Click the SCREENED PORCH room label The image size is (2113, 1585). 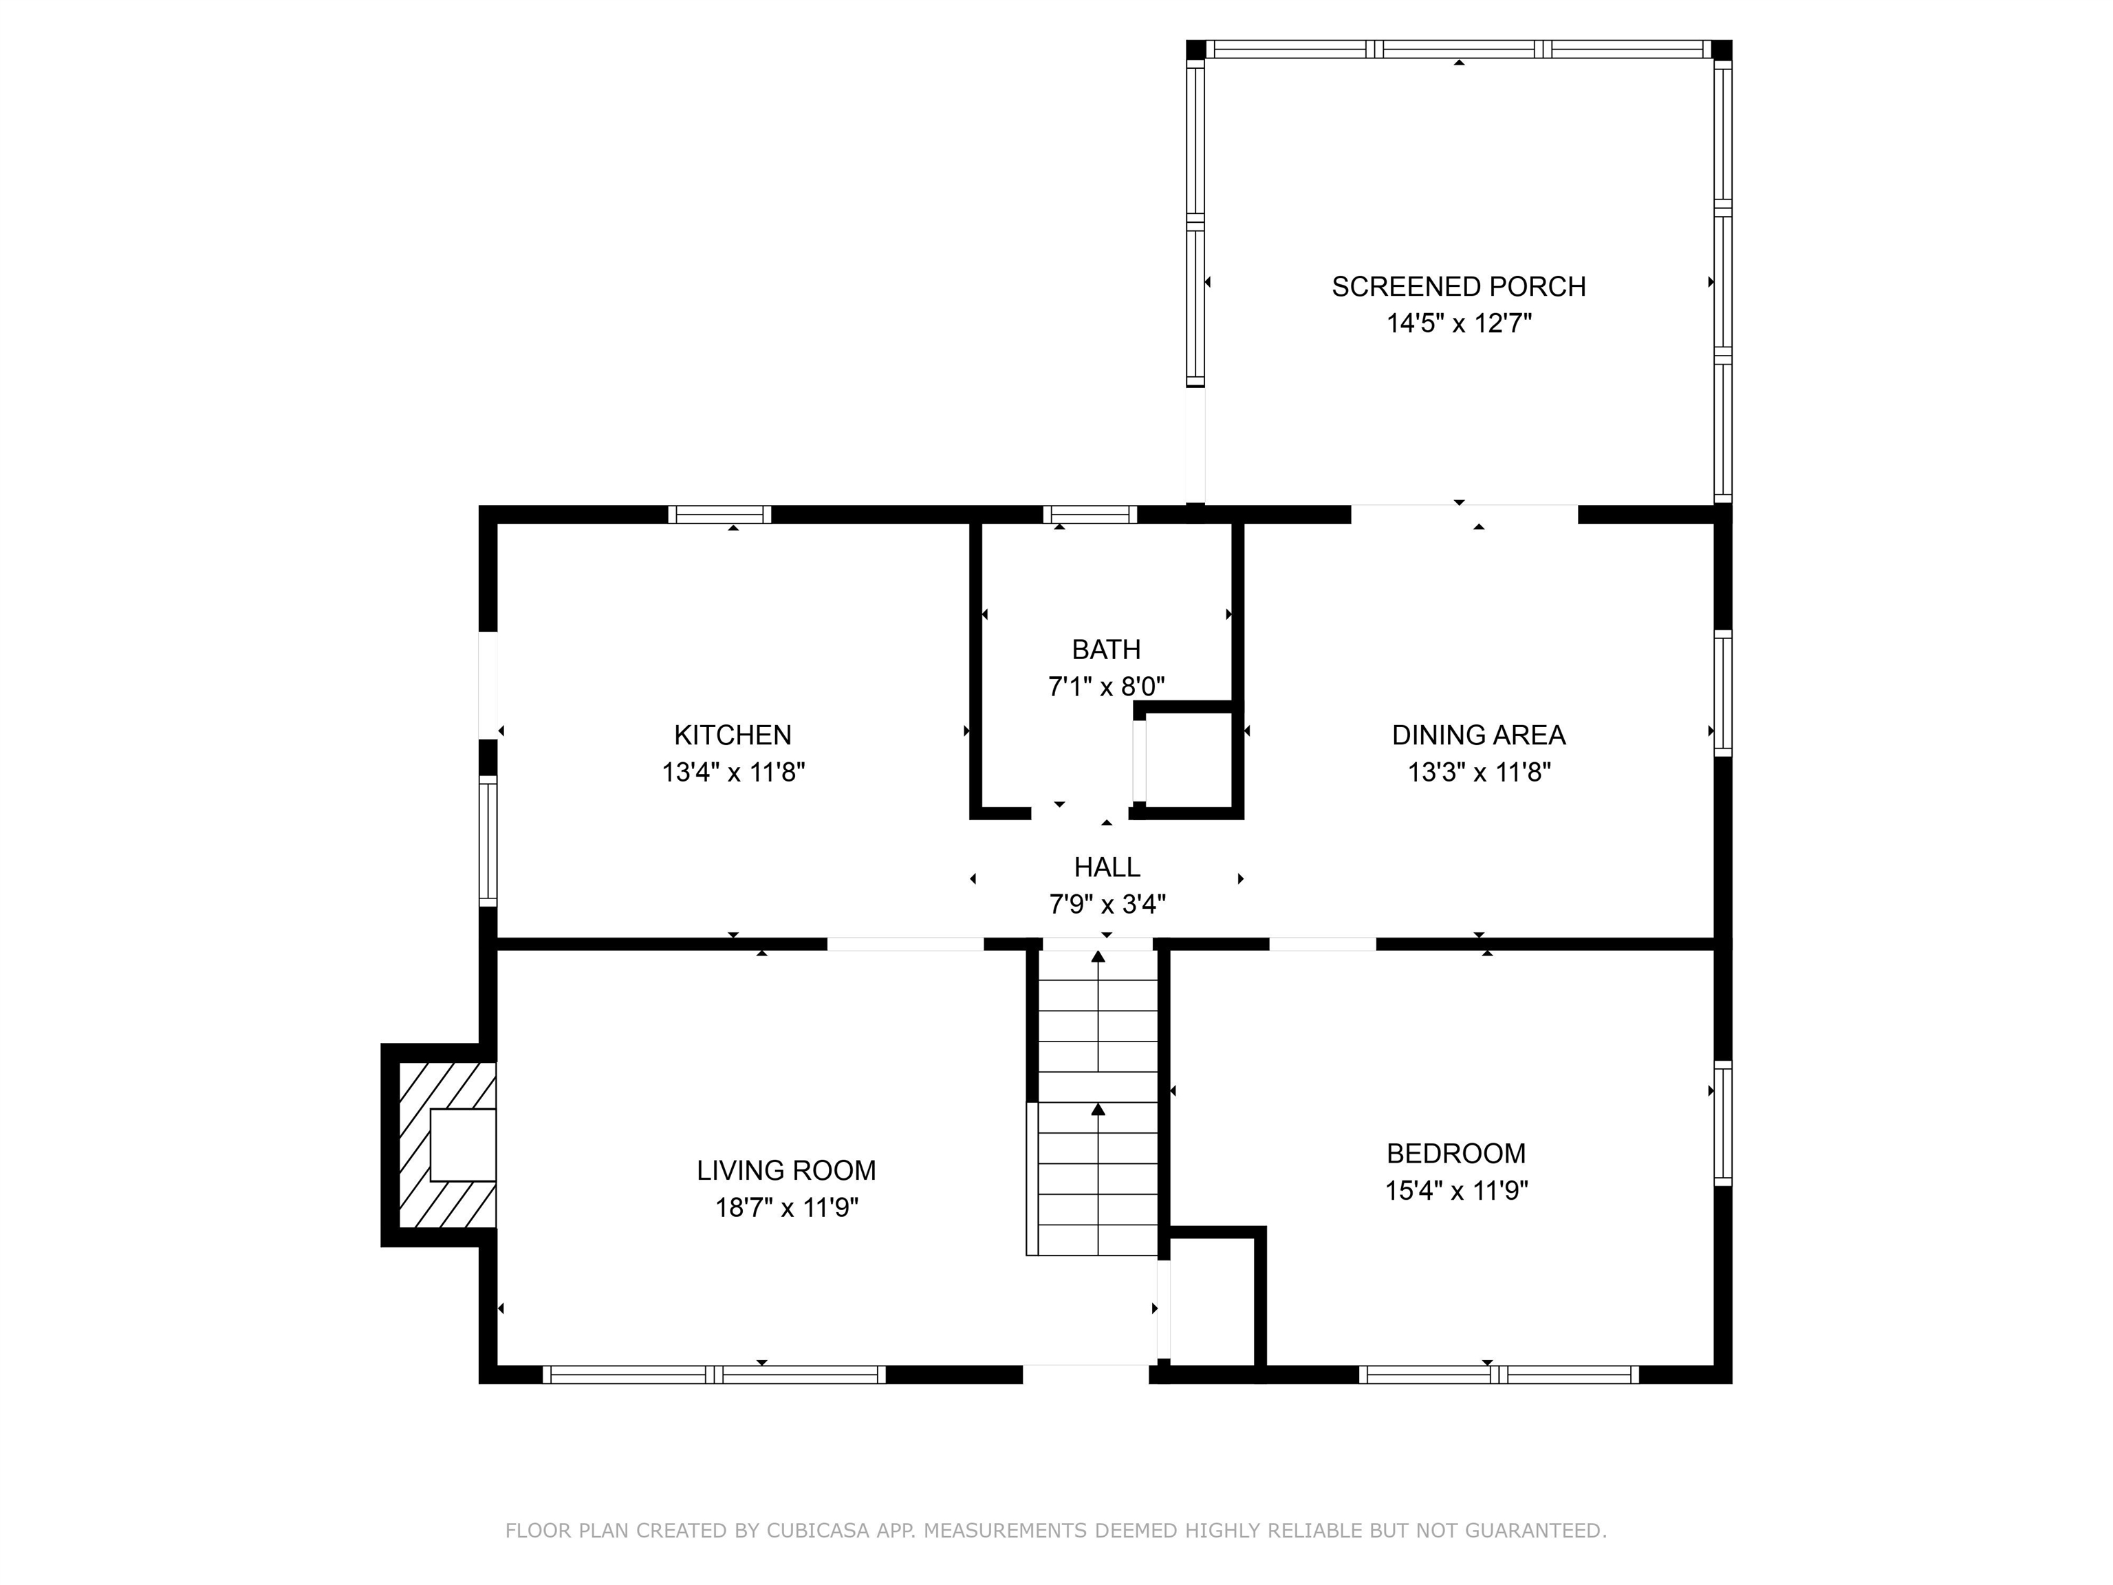1459,287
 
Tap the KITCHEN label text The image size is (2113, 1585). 733,735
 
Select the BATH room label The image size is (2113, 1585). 1106,649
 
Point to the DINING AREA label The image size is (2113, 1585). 1479,735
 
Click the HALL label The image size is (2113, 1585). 1107,867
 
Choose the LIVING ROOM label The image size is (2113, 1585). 786,1170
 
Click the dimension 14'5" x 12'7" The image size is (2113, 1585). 1459,324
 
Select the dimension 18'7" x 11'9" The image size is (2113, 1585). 787,1207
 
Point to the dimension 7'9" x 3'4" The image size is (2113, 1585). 1107,904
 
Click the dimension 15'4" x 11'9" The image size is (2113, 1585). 1457,1190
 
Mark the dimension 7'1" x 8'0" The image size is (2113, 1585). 1106,687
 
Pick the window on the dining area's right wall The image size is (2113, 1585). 1722,693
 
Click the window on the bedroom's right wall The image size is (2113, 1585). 1722,1123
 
